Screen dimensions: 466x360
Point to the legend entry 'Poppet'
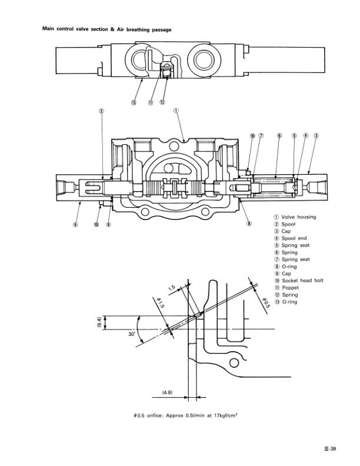click(290, 288)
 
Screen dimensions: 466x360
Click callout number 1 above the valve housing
click(176, 110)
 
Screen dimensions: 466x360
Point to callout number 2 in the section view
click(101, 110)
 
